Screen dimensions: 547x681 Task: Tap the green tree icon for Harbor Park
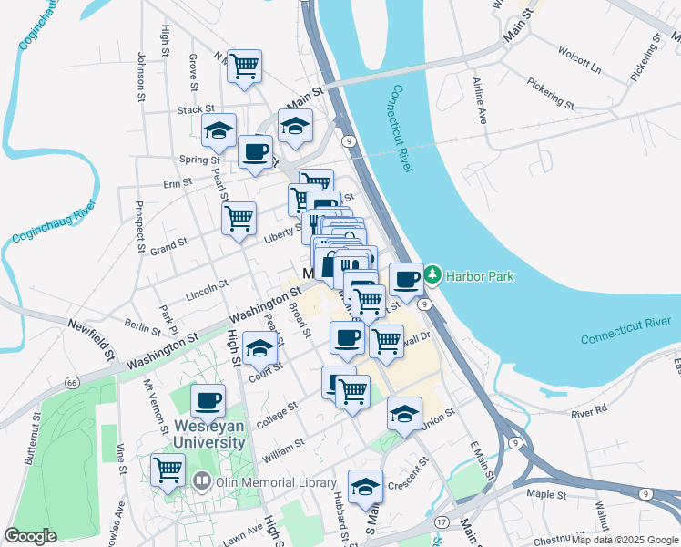[433, 273]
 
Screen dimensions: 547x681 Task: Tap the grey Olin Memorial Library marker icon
[202, 479]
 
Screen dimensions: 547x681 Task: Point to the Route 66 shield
[72, 382]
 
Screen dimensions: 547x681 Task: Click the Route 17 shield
[442, 521]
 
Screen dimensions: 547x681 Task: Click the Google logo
[30, 536]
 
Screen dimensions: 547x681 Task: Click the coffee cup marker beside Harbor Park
[406, 278]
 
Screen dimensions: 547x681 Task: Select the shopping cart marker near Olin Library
[168, 470]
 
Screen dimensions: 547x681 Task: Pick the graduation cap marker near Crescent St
[365, 485]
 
